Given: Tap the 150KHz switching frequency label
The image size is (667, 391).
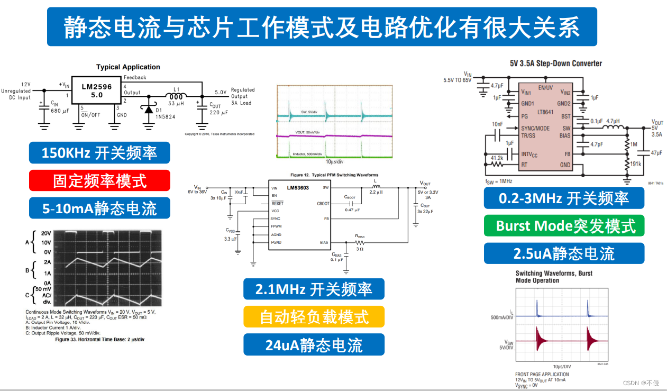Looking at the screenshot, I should tap(99, 153).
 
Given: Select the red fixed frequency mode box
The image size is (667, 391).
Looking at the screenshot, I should tap(99, 180).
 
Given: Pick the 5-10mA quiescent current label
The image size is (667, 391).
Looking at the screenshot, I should tap(99, 208).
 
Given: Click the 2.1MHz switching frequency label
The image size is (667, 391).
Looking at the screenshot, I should tap(314, 289).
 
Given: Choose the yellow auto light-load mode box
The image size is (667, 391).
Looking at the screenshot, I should tap(314, 317).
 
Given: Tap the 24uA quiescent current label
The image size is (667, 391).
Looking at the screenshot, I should tap(314, 345).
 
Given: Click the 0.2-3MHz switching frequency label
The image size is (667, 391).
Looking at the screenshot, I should tap(564, 198).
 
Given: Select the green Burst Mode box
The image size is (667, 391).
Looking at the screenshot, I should tap(564, 226).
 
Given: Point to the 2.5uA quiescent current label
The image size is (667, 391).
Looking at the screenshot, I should tap(564, 253).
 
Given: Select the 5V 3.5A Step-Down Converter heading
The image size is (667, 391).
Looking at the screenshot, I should tap(556, 63).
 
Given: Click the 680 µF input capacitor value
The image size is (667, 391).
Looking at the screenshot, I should tap(59, 111).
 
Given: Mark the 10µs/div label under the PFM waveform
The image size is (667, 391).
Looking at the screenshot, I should tap(335, 161).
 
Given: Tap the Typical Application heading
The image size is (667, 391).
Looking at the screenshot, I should tap(128, 67).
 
